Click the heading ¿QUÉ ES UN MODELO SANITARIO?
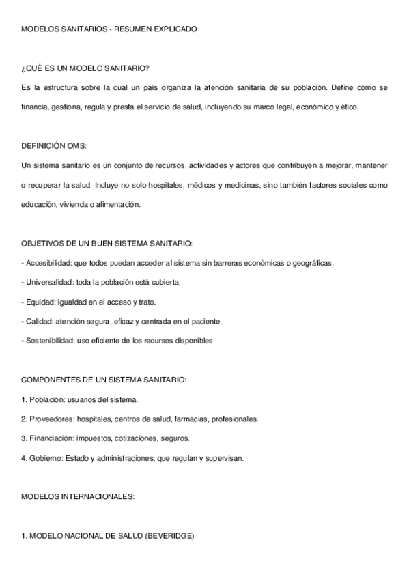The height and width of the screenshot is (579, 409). [x=85, y=69]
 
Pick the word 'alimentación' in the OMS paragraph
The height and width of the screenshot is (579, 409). [x=120, y=204]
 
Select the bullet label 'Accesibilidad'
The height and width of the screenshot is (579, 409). [x=48, y=263]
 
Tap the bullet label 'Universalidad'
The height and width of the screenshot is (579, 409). [x=48, y=282]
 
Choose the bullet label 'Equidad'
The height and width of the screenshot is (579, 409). [x=38, y=302]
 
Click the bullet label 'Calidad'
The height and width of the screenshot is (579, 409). [x=37, y=321]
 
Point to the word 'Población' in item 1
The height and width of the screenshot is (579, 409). [x=44, y=399]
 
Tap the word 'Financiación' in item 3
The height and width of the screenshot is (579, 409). [x=49, y=438]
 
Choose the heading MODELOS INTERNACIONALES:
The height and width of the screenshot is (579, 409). [x=78, y=497]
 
